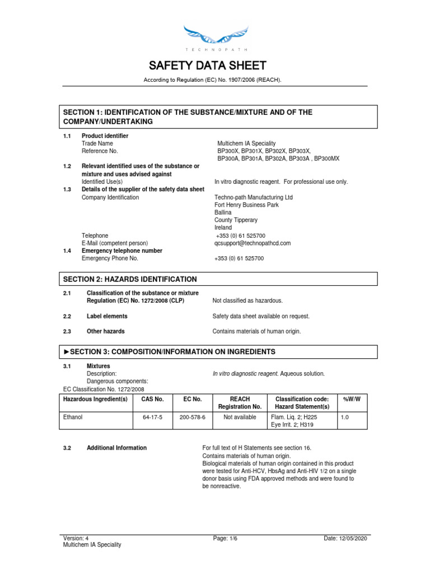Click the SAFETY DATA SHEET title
[x=215, y=66]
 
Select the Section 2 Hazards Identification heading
[x=130, y=279]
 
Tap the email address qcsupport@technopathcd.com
[x=253, y=243]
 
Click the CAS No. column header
[x=152, y=399]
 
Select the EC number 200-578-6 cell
[x=192, y=417]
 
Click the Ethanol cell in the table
[x=73, y=417]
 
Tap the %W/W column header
[x=351, y=399]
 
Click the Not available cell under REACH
[x=240, y=417]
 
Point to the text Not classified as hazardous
[x=247, y=301]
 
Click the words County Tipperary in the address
[x=236, y=220]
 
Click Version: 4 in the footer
[x=76, y=538]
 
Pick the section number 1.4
[x=67, y=251]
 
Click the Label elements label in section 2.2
[x=107, y=316]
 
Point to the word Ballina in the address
[x=223, y=212]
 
